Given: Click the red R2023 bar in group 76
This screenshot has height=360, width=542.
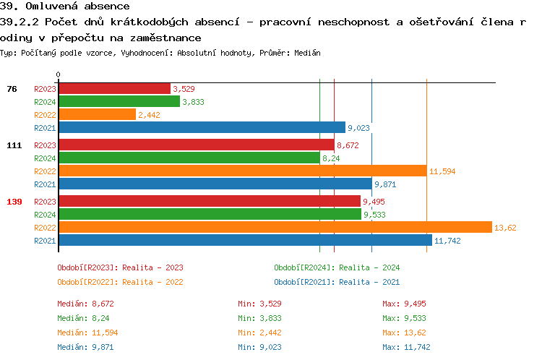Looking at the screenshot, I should point(114,89).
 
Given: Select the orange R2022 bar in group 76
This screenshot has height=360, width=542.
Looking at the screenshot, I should point(97,115).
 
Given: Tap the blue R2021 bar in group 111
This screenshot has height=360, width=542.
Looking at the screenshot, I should point(215,184).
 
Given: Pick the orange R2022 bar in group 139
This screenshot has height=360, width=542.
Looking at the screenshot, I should point(275,228).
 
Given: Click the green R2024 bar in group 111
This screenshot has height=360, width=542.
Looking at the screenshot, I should point(189,158).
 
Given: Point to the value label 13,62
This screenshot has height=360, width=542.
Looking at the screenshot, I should point(504,228).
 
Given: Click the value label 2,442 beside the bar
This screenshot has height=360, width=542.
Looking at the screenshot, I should point(148,115).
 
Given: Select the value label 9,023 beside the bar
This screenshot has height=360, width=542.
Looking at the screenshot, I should point(358,128).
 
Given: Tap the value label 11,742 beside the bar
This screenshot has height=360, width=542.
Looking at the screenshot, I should point(447,241).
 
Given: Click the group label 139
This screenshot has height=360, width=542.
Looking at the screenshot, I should point(14,202).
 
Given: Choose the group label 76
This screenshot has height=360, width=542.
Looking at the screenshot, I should point(12,89).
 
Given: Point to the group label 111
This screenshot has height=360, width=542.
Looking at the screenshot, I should point(14,145).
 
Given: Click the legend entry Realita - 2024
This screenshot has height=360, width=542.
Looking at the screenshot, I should point(337,267).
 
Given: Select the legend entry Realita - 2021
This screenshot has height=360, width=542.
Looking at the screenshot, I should point(337,282).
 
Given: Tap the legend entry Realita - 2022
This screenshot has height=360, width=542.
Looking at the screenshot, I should point(120,282).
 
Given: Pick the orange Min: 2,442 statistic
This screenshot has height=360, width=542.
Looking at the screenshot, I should point(260,333).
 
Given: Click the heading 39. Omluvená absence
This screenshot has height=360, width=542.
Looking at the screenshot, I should point(65,7).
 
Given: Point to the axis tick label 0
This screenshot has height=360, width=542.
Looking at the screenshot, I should point(59,74).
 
